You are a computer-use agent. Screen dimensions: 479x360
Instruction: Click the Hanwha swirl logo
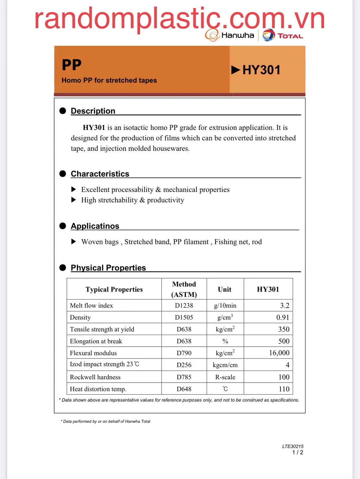[x=212, y=35]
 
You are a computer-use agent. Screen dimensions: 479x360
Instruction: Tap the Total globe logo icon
[x=269, y=35]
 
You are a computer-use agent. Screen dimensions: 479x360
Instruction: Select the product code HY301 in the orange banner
[x=261, y=70]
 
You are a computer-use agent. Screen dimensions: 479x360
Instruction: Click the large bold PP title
[x=72, y=65]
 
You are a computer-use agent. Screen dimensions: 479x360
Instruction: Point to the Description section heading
[x=93, y=111]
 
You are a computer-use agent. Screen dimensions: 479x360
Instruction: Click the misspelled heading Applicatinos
[x=95, y=226]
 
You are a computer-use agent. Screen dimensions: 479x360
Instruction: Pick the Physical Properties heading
[x=108, y=268]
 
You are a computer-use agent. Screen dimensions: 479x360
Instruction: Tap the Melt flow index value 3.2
[x=284, y=306]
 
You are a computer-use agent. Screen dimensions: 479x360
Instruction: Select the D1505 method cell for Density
[x=184, y=317]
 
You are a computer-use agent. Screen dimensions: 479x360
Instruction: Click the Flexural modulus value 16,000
[x=279, y=353]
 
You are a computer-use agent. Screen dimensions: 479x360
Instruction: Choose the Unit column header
[x=225, y=289]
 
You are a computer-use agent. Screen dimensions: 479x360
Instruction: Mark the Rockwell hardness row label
[x=95, y=377]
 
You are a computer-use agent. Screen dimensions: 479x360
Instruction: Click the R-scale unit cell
[x=225, y=377]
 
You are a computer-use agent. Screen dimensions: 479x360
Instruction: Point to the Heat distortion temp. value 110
[x=284, y=389]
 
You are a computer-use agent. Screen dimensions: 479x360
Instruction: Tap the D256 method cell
[x=184, y=365]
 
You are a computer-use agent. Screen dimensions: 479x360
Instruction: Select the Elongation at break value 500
[x=284, y=341]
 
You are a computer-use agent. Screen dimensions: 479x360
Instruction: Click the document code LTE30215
[x=293, y=446]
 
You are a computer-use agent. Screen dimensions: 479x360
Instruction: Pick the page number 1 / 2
[x=297, y=452]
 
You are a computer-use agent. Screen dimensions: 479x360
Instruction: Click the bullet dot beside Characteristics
[x=63, y=174]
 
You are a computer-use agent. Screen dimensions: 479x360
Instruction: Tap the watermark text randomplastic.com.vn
[x=179, y=19]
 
